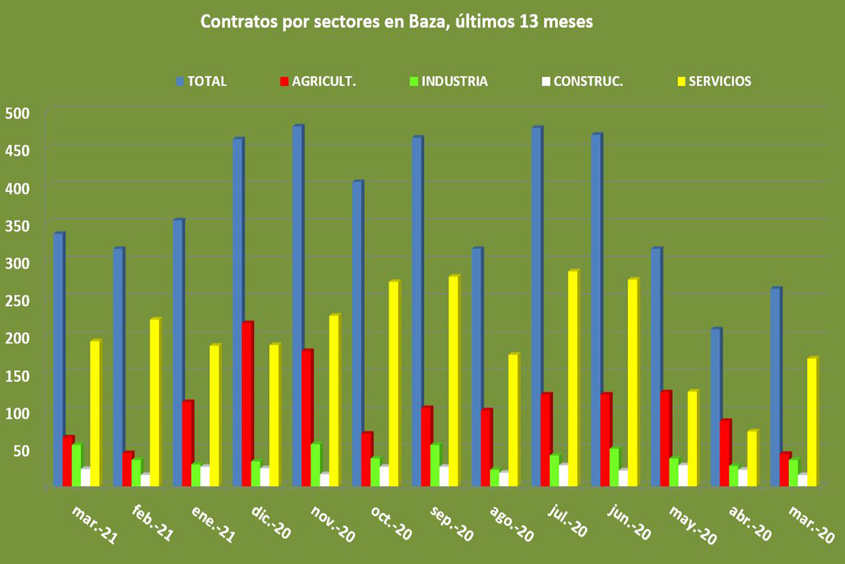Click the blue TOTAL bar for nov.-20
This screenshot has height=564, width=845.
297,307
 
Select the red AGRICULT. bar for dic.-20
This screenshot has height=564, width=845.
247,405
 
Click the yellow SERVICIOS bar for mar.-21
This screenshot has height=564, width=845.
94,414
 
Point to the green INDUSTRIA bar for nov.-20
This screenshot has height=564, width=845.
315,465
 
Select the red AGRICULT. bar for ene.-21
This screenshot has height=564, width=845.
187,444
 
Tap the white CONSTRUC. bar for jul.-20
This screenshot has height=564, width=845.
563,476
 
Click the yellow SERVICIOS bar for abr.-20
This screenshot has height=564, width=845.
752,458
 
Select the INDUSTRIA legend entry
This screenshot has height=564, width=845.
454,81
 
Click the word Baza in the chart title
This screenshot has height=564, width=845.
427,23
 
